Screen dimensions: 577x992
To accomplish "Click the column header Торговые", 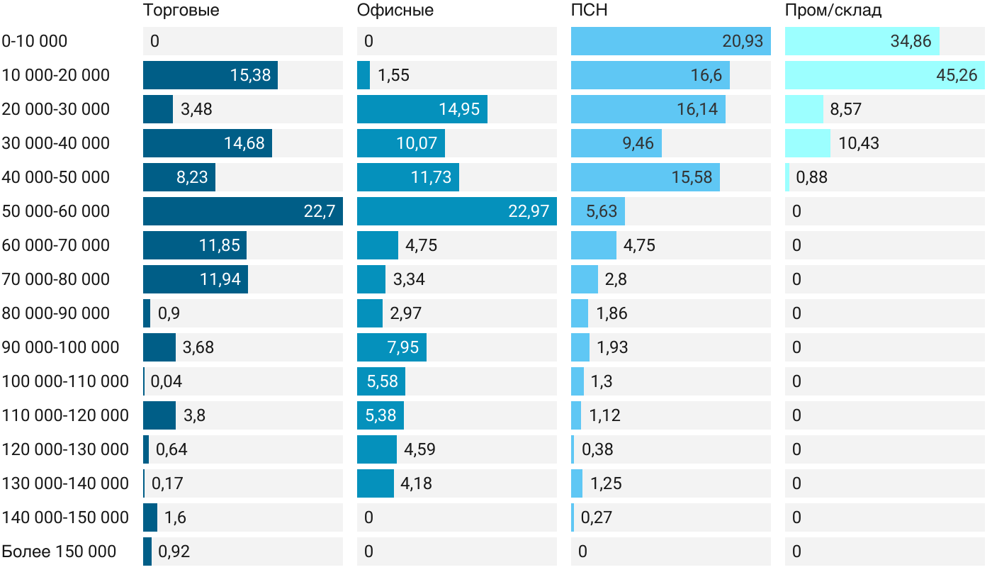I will click(181, 11).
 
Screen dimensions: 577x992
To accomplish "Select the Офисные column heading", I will click(395, 11).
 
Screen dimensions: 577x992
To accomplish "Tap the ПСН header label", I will click(589, 11).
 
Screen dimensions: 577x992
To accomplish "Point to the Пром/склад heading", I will click(833, 11).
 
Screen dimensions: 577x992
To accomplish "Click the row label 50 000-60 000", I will click(56, 211).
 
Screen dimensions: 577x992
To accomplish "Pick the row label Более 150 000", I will click(59, 551).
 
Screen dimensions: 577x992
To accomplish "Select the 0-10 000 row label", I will click(35, 41).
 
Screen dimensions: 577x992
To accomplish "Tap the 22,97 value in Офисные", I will click(529, 211).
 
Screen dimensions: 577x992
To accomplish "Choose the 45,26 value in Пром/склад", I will click(957, 75).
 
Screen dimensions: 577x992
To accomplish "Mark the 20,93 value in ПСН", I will click(743, 41).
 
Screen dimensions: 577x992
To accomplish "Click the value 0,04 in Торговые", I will click(167, 381).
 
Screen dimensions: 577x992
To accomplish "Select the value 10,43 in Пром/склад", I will click(859, 143).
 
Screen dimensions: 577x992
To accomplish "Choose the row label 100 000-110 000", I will click(65, 381).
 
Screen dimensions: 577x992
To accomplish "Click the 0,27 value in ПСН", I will click(597, 517).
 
